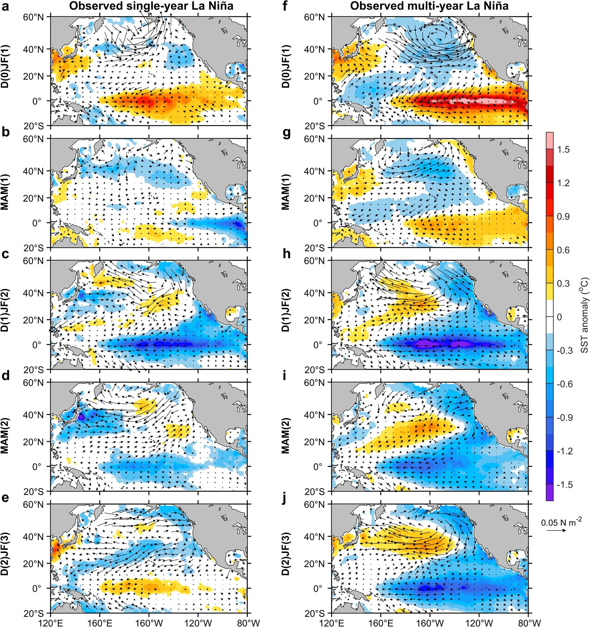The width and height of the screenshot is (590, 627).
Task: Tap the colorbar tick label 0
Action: (x=559, y=317)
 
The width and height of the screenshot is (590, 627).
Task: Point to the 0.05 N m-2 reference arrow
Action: (x=556, y=531)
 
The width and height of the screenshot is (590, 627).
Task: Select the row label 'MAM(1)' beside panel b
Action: (x=5, y=192)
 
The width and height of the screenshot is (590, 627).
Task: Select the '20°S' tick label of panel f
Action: (x=315, y=126)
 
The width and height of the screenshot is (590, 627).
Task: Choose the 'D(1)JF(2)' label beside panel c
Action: (x=5, y=314)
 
